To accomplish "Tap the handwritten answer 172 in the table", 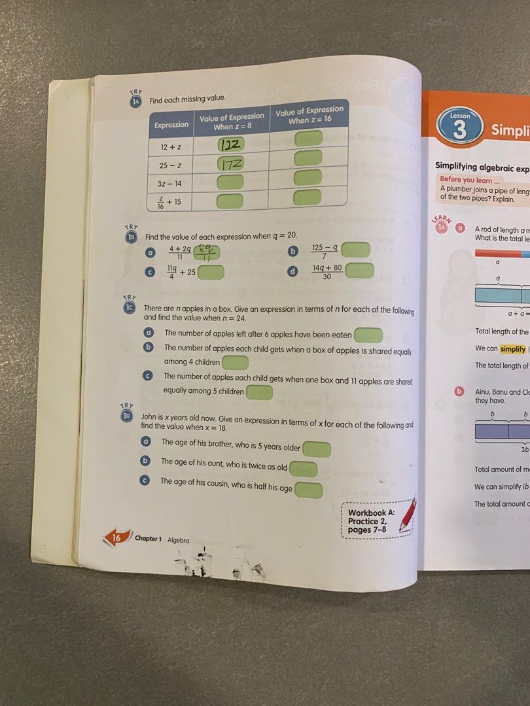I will [x=230, y=163].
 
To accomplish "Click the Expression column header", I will [x=171, y=124].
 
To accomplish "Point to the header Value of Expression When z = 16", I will [x=309, y=115].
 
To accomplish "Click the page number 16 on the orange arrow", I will [x=116, y=538].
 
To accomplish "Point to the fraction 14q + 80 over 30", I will [x=327, y=271].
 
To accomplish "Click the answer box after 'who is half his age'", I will [x=309, y=490].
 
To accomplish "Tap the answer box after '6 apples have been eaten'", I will [x=368, y=335].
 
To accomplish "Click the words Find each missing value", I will [x=188, y=99].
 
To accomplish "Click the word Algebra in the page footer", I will [x=178, y=540].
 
